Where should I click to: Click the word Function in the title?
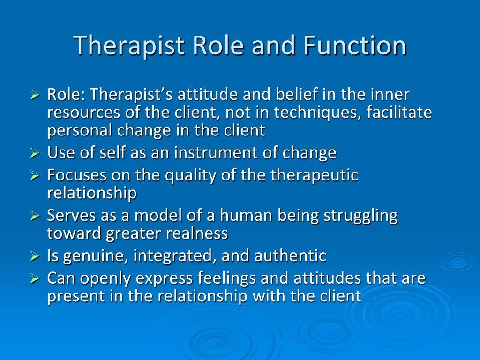[x=354, y=45]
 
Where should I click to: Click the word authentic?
[x=290, y=256]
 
